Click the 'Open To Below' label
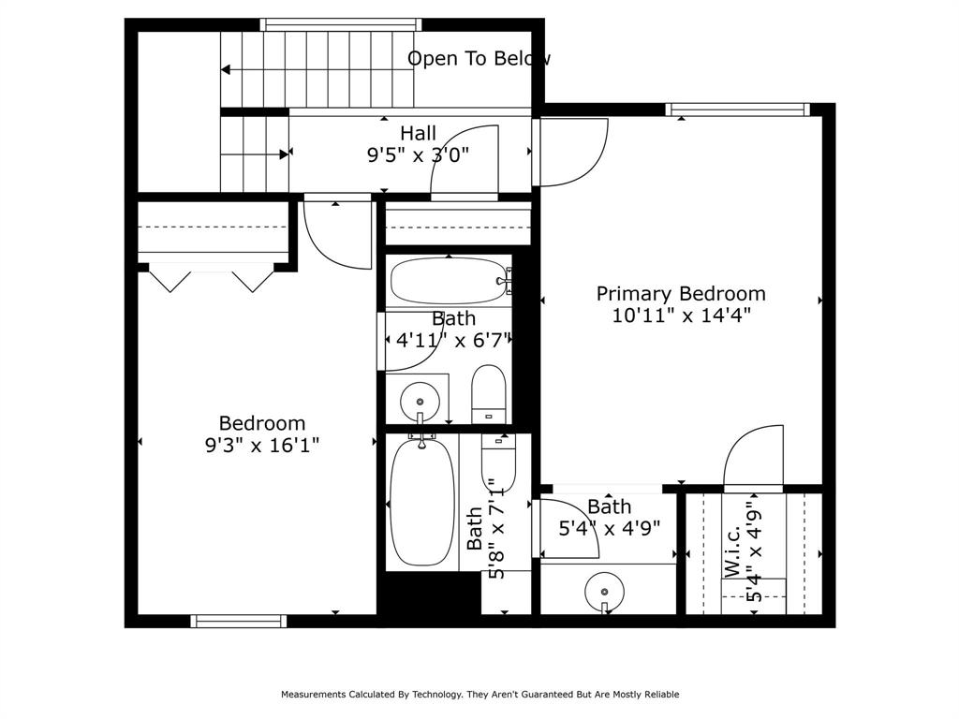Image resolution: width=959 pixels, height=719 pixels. [x=479, y=59]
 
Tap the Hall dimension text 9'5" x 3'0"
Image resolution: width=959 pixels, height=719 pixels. [x=418, y=154]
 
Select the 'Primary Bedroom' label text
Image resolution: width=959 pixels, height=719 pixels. [x=681, y=294]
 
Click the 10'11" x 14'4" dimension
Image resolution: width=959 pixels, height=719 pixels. [x=681, y=315]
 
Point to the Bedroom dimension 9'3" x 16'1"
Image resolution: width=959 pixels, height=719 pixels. [x=262, y=445]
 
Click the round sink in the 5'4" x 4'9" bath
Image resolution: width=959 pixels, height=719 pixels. [x=604, y=592]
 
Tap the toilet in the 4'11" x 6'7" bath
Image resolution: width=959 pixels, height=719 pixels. [x=488, y=393]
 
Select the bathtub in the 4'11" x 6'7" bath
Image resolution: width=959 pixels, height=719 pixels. [x=448, y=280]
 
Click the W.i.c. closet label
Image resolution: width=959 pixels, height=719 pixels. [x=733, y=550]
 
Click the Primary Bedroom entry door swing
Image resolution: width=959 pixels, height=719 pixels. [x=571, y=152]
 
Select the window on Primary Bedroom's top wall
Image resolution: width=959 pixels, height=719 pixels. [x=737, y=110]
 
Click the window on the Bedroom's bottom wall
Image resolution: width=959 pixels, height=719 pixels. [x=239, y=621]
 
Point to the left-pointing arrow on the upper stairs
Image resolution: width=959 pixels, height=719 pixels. [x=227, y=69]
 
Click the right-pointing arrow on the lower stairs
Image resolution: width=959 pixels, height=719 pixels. [x=284, y=154]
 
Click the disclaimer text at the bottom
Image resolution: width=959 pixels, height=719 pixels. [x=479, y=695]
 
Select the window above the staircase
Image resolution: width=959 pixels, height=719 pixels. [x=340, y=25]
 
